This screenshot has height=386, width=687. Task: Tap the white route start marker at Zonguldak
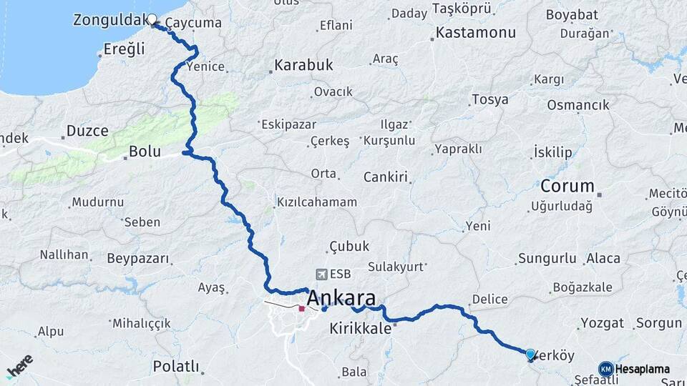tap(152, 19)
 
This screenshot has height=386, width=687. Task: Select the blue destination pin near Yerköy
tap(530, 354)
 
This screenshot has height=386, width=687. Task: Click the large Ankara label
tap(342, 298)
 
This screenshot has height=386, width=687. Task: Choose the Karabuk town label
tap(303, 65)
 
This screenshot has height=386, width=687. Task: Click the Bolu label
tap(145, 152)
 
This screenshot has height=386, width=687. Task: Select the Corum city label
tap(567, 187)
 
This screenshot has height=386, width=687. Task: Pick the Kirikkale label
tap(361, 328)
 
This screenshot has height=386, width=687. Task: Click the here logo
tap(19, 366)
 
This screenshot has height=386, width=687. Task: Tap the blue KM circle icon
tap(605, 369)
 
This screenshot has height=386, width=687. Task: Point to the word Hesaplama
tap(643, 369)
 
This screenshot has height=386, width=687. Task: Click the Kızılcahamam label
tap(317, 202)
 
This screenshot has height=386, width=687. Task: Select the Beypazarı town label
tap(137, 258)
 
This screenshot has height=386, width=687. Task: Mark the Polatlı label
tap(175, 366)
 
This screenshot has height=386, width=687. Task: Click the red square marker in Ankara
tap(301, 309)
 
